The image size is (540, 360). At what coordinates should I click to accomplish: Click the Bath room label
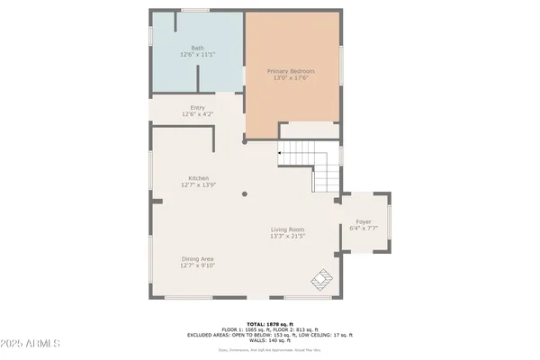(198, 48)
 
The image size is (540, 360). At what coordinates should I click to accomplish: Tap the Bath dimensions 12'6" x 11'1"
(198, 55)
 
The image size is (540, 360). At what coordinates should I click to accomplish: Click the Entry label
(198, 108)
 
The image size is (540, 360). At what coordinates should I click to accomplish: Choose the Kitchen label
(198, 178)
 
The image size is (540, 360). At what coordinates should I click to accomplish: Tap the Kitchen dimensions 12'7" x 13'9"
(198, 185)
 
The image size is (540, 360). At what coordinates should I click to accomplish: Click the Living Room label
(288, 229)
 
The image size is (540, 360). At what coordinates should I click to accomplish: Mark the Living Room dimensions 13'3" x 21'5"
(288, 237)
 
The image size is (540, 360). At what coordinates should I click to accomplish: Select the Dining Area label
(198, 258)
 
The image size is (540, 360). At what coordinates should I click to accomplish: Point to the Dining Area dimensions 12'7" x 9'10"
(198, 265)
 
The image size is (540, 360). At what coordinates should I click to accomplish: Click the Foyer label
(364, 221)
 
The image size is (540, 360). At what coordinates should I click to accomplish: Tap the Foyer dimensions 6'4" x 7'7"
(364, 229)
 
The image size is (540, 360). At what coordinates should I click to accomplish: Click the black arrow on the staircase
(281, 154)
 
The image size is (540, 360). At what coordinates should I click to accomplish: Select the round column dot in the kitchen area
(245, 193)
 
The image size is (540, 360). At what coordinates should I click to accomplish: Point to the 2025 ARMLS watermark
(32, 345)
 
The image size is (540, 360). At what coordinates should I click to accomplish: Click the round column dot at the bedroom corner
(245, 140)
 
